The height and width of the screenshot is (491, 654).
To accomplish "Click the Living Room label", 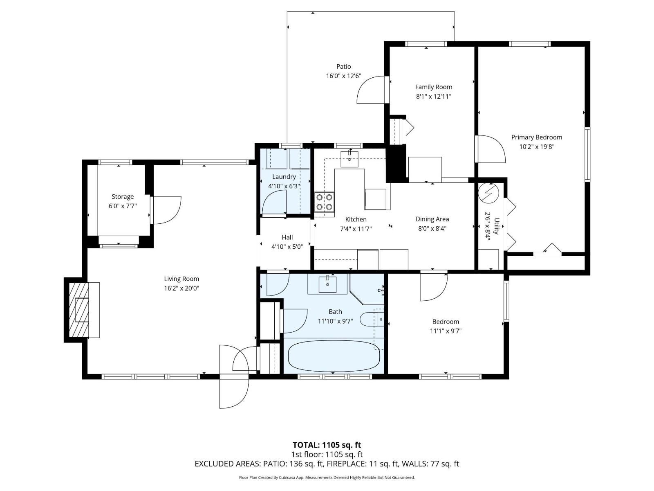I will coord(181,279).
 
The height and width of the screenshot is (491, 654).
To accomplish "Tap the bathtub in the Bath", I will coord(334,356).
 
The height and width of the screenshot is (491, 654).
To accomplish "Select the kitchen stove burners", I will coord(324,202).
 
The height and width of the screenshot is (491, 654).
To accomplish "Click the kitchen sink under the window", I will coord(349,159).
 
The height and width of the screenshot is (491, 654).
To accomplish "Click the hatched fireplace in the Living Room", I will coord(79,310).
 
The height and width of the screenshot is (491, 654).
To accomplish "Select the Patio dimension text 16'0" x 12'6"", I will coord(343,76).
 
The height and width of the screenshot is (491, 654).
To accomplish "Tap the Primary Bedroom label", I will coord(536,137).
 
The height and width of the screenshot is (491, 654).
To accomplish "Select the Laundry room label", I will coord(284,177).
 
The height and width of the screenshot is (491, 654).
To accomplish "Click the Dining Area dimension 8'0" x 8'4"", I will coord(432,229).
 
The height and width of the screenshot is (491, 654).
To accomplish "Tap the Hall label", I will coord(287,237).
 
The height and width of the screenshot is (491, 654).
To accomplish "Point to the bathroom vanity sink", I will coord(327,284).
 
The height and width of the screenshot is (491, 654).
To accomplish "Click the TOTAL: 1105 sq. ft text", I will coord(327,445).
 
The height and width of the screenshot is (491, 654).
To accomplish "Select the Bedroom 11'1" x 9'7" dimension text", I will coord(446,331).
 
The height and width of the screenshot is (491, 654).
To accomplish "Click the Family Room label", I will coord(433,87).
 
